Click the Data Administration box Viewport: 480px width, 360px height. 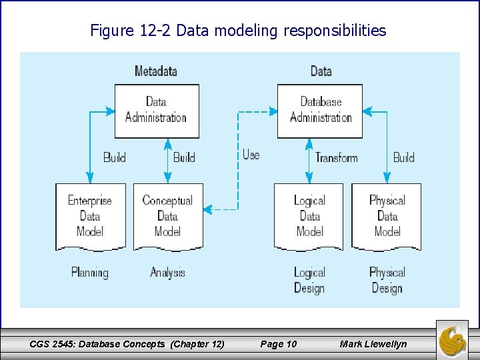pyautogui.click(x=156, y=111)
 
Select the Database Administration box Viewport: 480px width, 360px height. pyautogui.click(x=320, y=111)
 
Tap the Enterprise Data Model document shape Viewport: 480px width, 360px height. pyautogui.click(x=90, y=216)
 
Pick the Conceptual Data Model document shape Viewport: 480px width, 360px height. pyautogui.click(x=167, y=216)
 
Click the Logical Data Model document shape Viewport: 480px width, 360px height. pyautogui.click(x=309, y=216)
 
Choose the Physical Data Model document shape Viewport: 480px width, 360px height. pyautogui.click(x=387, y=216)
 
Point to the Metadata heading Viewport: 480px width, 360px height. pyautogui.click(x=155, y=71)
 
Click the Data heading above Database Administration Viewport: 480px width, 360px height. pyautogui.click(x=321, y=71)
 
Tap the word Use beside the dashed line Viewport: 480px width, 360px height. pyautogui.click(x=251, y=155)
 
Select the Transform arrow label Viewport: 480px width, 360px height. pyautogui.click(x=336, y=157)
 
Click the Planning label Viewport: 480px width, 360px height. pyautogui.click(x=90, y=273)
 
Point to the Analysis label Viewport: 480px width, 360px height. pyautogui.click(x=167, y=273)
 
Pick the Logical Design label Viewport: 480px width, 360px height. pyautogui.click(x=309, y=281)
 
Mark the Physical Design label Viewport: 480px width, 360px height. pyautogui.click(x=387, y=281)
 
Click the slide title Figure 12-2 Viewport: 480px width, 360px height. pyautogui.click(x=238, y=31)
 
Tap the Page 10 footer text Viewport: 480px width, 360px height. pyautogui.click(x=279, y=344)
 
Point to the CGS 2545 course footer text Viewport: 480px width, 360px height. pyautogui.click(x=127, y=344)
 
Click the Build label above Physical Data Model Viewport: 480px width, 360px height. pyautogui.click(x=403, y=157)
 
